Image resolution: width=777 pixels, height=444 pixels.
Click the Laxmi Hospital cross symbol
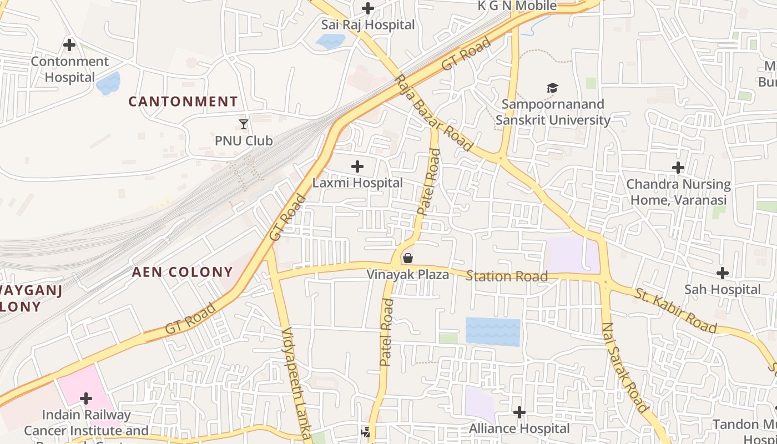[357, 167]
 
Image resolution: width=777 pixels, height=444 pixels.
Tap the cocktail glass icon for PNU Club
[244, 124]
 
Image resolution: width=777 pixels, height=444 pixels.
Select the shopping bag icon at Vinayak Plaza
[408, 258]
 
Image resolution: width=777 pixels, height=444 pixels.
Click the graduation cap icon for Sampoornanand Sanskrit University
[552, 88]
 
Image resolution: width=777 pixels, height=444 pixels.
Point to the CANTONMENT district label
[183, 102]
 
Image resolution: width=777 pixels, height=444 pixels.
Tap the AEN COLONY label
[182, 272]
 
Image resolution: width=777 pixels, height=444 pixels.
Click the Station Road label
[507, 276]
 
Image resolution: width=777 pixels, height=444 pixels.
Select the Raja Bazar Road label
[434, 113]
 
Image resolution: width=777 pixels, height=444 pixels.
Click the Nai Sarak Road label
[625, 367]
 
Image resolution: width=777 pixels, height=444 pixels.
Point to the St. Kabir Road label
[676, 310]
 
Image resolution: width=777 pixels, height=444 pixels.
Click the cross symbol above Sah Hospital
[722, 273]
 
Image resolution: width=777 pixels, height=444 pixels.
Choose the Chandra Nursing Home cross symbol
[678, 167]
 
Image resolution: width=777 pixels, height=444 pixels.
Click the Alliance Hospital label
[519, 428]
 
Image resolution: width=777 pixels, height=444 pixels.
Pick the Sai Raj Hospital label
[368, 25]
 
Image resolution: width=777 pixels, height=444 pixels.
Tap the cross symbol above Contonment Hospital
[69, 44]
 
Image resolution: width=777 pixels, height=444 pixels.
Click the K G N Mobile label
[517, 6]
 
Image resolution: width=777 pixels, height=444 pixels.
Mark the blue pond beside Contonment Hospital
[108, 83]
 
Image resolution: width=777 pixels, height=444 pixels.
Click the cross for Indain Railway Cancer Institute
[86, 398]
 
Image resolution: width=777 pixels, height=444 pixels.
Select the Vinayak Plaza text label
[408, 274]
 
